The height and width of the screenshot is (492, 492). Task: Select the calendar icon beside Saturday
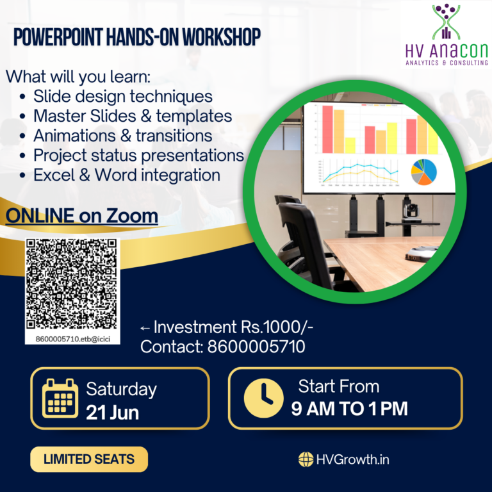coord(60,398)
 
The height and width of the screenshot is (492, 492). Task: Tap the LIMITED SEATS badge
coord(89,459)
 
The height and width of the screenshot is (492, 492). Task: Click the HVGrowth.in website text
coord(353,459)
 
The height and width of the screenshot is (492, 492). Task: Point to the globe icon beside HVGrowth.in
coord(306,459)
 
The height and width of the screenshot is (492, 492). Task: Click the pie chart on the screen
coord(423,171)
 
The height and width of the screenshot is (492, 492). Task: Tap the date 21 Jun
coord(113,412)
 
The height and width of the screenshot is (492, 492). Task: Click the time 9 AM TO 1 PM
coord(349,408)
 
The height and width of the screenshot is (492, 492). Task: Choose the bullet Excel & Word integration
coord(127,174)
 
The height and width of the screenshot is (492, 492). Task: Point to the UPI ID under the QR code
coord(72,337)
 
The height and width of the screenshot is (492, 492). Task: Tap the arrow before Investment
coord(145,329)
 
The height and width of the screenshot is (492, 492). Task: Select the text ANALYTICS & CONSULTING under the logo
coord(447,63)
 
